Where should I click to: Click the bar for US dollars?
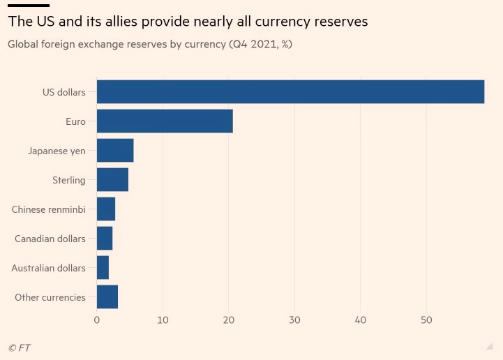click(290, 92)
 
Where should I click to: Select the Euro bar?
click(165, 121)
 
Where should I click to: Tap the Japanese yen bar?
click(115, 151)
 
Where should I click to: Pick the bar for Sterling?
click(112, 180)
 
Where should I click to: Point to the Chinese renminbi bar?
click(106, 209)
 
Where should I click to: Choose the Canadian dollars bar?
click(105, 239)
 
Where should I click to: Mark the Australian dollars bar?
click(103, 268)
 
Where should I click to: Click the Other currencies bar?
click(107, 297)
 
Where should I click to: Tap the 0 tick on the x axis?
click(97, 320)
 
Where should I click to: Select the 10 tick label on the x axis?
click(163, 320)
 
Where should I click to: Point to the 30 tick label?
click(294, 320)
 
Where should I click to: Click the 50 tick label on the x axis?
click(426, 320)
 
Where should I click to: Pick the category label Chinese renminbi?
click(49, 209)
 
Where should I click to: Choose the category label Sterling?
click(69, 180)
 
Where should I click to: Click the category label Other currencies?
click(50, 297)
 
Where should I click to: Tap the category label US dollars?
click(64, 92)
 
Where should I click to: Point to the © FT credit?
click(20, 347)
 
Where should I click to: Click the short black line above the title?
click(28, 6)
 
